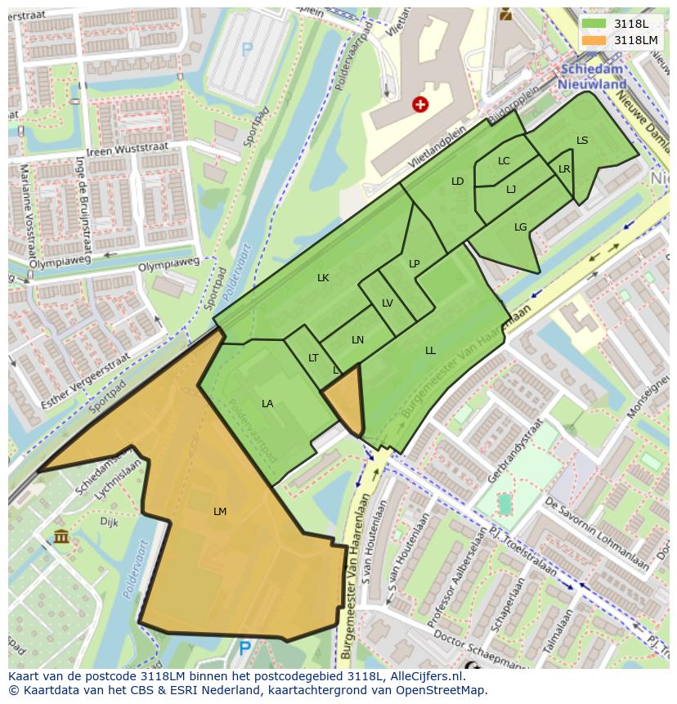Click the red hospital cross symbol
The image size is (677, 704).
(x=420, y=104)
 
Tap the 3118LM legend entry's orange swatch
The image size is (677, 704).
(x=594, y=39)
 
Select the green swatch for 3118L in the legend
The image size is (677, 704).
(x=594, y=23)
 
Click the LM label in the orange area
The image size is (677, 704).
(x=219, y=512)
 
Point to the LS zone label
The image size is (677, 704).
(x=582, y=141)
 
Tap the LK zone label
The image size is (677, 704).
(x=323, y=278)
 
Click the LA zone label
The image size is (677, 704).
(x=267, y=404)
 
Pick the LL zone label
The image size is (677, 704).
(x=430, y=351)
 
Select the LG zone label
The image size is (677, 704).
(x=521, y=227)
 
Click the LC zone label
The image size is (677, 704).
(x=504, y=161)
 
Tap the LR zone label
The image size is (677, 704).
(x=564, y=169)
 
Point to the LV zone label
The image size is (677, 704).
(x=388, y=303)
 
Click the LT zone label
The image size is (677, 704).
(x=313, y=358)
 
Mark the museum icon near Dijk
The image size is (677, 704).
(x=61, y=536)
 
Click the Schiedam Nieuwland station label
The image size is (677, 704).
(x=592, y=78)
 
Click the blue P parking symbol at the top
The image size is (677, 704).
(x=247, y=49)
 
